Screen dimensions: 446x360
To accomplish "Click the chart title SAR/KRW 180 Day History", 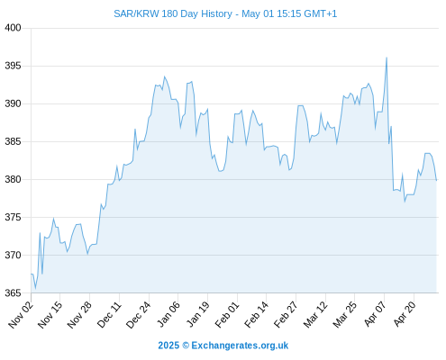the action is [x=173, y=13].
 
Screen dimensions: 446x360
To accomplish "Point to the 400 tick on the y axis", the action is [x=13, y=28].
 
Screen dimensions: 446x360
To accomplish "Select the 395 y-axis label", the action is [x=13, y=66].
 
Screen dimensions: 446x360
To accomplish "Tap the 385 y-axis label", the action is [x=13, y=141].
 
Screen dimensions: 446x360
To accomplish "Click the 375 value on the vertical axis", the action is [x=13, y=217].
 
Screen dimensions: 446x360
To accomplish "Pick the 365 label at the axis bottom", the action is [x=13, y=292].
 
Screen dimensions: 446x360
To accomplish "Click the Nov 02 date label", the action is [x=21, y=314].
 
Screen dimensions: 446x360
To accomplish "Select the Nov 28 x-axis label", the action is [x=79, y=314].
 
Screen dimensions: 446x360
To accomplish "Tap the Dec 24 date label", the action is [x=138, y=314].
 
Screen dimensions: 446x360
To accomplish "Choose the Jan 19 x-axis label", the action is [x=197, y=314].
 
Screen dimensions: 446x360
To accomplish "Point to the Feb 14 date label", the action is [x=256, y=314].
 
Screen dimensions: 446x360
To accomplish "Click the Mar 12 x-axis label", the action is [x=315, y=314].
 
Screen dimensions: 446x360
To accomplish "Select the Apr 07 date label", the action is [x=375, y=314].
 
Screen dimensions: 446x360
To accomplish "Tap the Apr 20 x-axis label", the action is [x=405, y=314].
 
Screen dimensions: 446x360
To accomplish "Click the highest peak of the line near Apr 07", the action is [x=387, y=58].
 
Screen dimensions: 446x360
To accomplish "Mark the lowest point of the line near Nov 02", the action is [x=35, y=288].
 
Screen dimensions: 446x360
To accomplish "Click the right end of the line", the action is [x=436, y=180].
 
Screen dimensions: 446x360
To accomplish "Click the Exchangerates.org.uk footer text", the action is [x=240, y=346].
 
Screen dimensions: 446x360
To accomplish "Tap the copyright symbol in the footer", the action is [x=186, y=346].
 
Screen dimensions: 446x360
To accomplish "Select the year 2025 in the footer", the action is [x=168, y=346].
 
